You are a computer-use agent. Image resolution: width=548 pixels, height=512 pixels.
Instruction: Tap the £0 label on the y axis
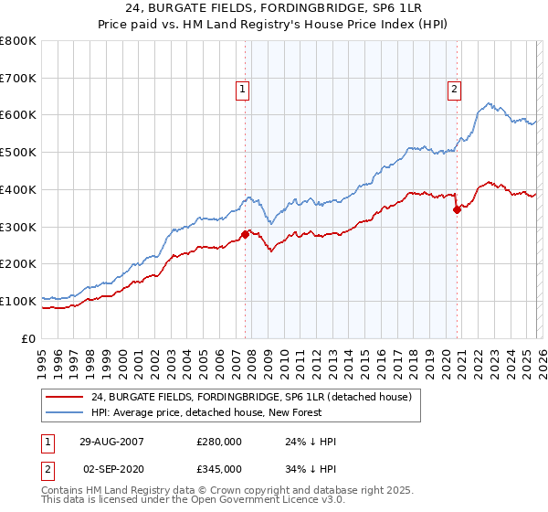(30, 338)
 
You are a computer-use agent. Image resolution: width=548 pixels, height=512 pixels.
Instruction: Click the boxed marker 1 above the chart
(242, 89)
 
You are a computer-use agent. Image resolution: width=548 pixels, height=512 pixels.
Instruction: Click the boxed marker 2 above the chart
(454, 89)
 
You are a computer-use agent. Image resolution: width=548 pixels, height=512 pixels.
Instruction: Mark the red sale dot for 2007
(246, 234)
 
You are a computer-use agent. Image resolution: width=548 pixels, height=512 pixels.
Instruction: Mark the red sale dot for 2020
(457, 209)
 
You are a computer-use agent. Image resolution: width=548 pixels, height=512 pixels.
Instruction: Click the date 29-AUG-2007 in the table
(111, 442)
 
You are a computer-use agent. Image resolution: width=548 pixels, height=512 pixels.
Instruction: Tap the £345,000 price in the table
(219, 468)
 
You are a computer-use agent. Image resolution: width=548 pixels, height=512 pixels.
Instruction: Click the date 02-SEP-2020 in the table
(111, 468)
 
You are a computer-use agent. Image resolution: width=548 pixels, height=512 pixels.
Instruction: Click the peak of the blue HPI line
(490, 103)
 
